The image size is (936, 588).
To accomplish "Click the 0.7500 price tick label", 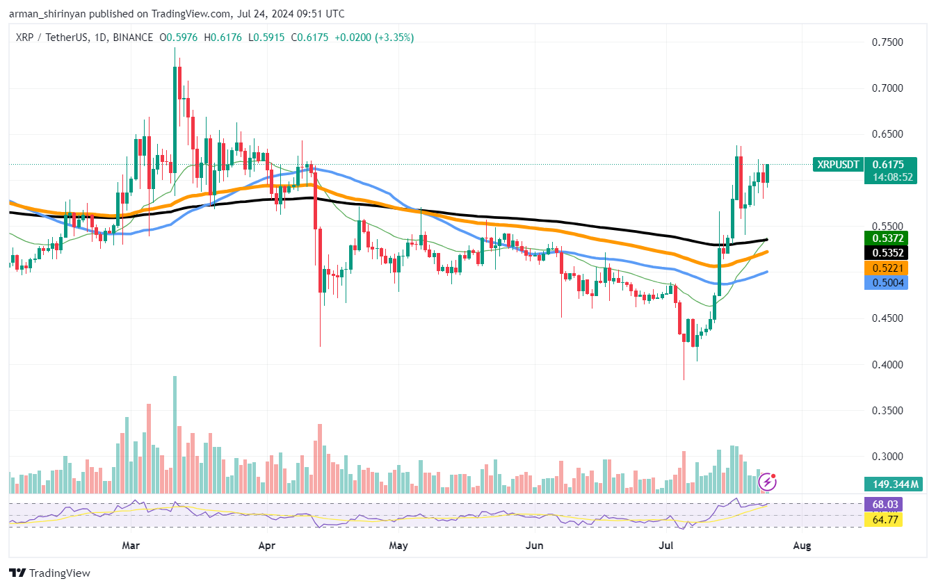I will [x=887, y=42].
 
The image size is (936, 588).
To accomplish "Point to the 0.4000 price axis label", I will [x=887, y=364].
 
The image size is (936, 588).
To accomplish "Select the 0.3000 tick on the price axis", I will [x=887, y=457].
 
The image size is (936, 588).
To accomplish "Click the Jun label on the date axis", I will [x=534, y=546].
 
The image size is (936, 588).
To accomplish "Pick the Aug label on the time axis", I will [x=802, y=546].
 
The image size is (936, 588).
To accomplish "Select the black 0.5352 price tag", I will [x=887, y=253].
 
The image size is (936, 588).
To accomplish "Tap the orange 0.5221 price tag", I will [x=887, y=268].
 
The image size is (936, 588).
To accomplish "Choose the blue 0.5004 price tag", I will [x=887, y=282].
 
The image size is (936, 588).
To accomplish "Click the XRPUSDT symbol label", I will [x=839, y=165].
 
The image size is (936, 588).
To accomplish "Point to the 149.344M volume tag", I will [x=893, y=484].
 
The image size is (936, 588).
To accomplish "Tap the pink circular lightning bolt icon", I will [x=768, y=481].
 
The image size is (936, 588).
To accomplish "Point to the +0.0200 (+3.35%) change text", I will [x=374, y=38].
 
